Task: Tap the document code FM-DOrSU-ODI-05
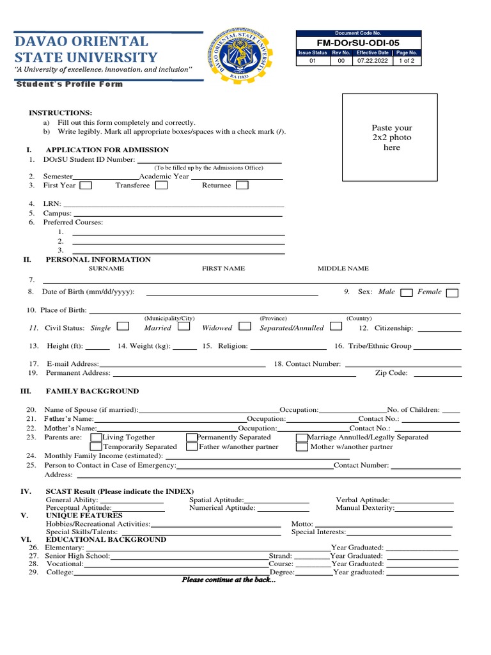(358, 42)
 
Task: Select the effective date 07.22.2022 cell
(372, 61)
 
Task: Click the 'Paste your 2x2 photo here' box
(390, 138)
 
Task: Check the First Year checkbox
(85, 185)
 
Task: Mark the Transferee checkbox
(162, 185)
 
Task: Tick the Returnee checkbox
(242, 185)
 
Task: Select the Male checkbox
(406, 293)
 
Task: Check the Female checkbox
(452, 293)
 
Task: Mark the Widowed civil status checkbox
(244, 326)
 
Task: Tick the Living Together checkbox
(96, 438)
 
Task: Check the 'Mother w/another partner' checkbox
(302, 447)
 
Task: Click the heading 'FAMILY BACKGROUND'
(92, 391)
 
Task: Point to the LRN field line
(173, 206)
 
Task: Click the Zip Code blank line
(435, 375)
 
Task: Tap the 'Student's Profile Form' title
(68, 84)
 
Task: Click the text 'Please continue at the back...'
(229, 580)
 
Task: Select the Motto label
(302, 524)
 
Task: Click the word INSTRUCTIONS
(60, 113)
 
